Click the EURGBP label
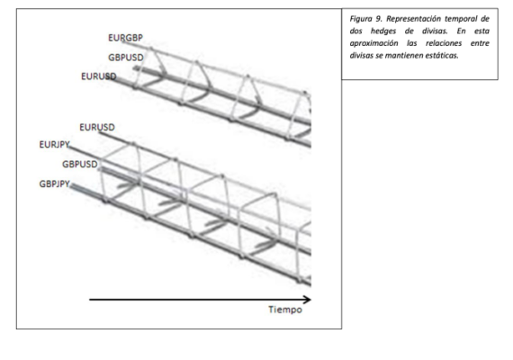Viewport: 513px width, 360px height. pos(126,38)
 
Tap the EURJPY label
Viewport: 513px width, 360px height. pos(54,145)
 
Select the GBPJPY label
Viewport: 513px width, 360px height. pos(55,184)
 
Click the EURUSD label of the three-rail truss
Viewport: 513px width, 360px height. pos(99,76)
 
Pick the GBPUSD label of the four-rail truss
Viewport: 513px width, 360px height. pos(80,164)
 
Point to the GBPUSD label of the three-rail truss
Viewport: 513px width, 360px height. pos(126,58)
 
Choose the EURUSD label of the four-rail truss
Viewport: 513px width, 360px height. pos(97,127)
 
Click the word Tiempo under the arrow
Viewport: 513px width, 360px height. pos(285,310)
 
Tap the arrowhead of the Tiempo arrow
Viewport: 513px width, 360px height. pos(307,300)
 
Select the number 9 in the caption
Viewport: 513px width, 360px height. pos(378,19)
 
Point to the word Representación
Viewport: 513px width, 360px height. pos(413,19)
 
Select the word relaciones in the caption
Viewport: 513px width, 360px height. pos(444,43)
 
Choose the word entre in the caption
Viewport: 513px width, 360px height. pos(480,43)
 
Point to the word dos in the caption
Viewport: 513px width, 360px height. pos(355,31)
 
